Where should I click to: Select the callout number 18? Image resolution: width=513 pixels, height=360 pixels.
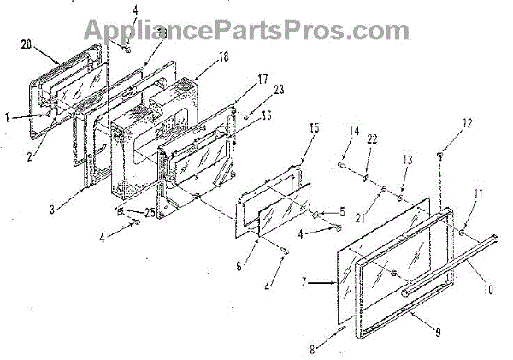point(200,57)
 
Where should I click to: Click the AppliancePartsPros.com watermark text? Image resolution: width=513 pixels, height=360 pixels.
point(256,31)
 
